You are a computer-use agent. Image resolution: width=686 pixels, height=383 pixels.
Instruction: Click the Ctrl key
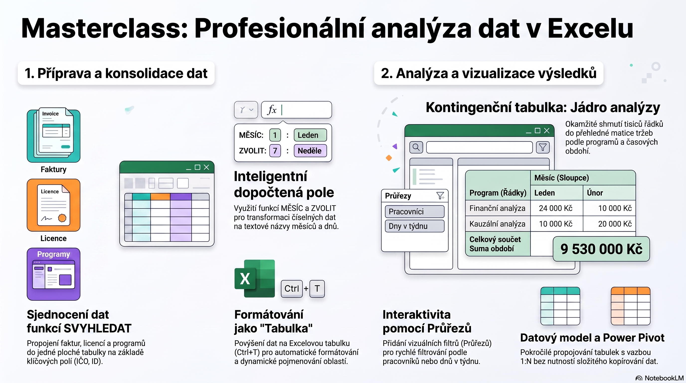click(x=292, y=288)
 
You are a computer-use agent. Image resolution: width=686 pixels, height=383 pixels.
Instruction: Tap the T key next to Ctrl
click(x=317, y=288)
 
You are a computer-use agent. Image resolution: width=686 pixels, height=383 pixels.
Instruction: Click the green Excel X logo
click(x=255, y=279)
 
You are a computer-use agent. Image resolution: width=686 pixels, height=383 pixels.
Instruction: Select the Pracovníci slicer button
click(x=415, y=211)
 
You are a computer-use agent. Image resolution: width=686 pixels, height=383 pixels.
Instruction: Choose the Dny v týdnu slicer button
click(x=415, y=226)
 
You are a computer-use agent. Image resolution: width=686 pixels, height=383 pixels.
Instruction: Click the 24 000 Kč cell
click(x=556, y=208)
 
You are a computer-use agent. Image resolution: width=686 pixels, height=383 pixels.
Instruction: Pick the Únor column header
click(x=595, y=192)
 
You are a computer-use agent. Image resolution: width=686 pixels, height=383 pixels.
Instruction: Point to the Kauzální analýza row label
click(x=497, y=224)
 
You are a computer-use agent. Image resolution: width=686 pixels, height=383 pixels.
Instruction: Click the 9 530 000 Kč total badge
click(x=601, y=249)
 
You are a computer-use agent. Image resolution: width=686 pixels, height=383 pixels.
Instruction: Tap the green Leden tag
click(x=310, y=135)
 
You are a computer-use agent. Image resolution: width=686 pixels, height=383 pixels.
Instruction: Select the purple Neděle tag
click(x=310, y=151)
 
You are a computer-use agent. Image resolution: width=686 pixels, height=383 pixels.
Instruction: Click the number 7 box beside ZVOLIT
click(x=275, y=151)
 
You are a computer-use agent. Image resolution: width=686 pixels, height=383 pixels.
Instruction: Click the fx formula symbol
click(x=272, y=110)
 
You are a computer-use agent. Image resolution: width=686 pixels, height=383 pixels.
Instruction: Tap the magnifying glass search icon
click(x=416, y=147)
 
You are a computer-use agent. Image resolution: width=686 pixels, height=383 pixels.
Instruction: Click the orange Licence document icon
click(x=54, y=205)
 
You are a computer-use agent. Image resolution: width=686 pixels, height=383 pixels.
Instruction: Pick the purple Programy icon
click(x=54, y=274)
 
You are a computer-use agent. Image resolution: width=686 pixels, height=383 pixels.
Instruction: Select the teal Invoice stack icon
click(x=54, y=135)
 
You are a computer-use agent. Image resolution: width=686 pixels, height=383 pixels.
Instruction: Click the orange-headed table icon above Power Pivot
click(x=631, y=306)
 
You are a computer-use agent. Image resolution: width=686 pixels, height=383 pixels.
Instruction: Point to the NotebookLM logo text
click(x=664, y=378)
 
